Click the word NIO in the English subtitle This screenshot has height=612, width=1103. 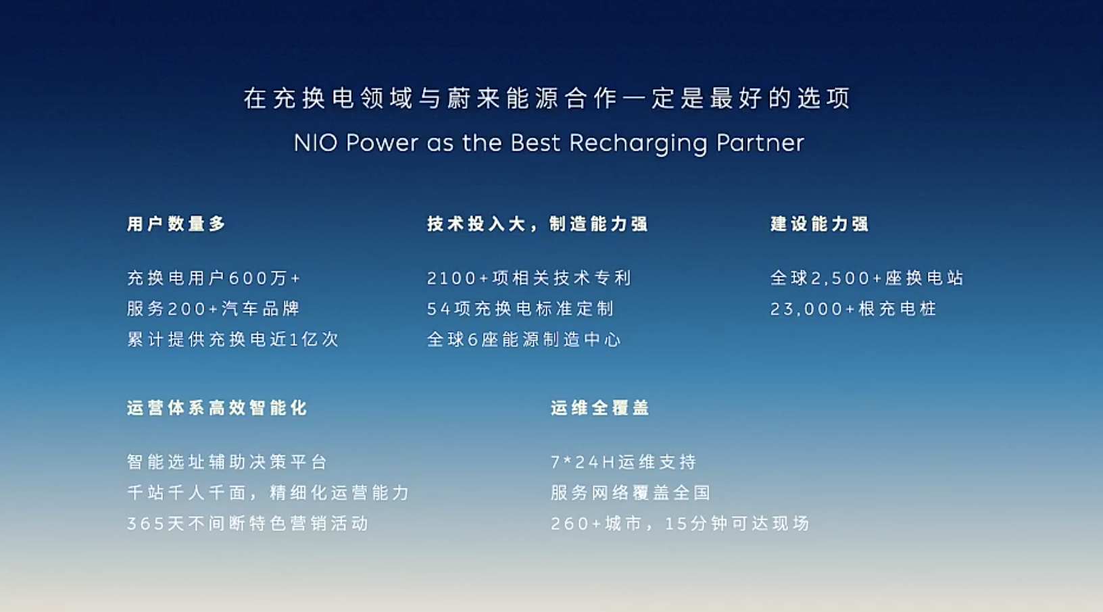click(316, 143)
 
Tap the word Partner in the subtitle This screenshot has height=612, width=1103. click(760, 143)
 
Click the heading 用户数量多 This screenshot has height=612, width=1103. click(176, 224)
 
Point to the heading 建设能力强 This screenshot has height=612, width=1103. click(820, 224)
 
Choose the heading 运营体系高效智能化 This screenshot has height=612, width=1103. click(217, 408)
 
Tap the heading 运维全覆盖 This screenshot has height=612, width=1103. click(600, 408)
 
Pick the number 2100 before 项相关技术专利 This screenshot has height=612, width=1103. click(451, 278)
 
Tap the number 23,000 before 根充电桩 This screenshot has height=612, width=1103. click(808, 309)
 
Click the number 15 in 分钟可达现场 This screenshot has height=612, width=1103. click(676, 524)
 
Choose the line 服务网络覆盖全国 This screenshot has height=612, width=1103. click(631, 492)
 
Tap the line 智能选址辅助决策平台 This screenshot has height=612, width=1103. click(227, 462)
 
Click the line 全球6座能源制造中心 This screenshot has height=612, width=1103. click(524, 340)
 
